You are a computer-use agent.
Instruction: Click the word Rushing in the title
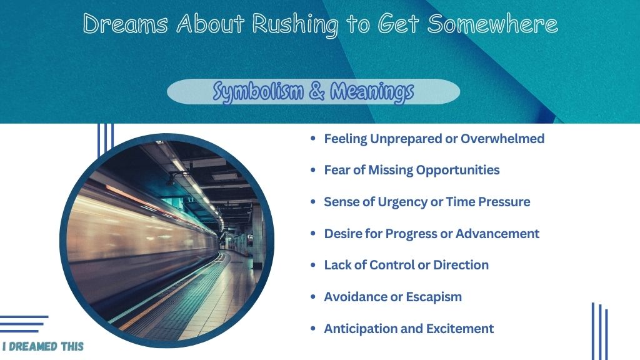pyautogui.click(x=296, y=24)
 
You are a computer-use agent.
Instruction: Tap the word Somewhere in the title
pyautogui.click(x=492, y=23)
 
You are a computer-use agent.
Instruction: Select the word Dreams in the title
pyautogui.click(x=125, y=23)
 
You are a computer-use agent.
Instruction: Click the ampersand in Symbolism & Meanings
pyautogui.click(x=317, y=91)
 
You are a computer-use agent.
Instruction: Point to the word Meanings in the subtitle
pyautogui.click(x=372, y=92)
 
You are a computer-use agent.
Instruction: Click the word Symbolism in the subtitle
pyautogui.click(x=258, y=92)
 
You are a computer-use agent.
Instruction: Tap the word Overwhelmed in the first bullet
pyautogui.click(x=502, y=139)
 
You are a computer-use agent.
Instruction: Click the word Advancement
pyautogui.click(x=497, y=234)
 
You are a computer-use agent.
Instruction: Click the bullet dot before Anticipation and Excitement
pyautogui.click(x=313, y=329)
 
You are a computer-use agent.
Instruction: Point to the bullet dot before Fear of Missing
pyautogui.click(x=313, y=170)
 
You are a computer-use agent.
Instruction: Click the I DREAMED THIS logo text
pyautogui.click(x=43, y=346)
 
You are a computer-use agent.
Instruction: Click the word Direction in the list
pyautogui.click(x=461, y=265)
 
